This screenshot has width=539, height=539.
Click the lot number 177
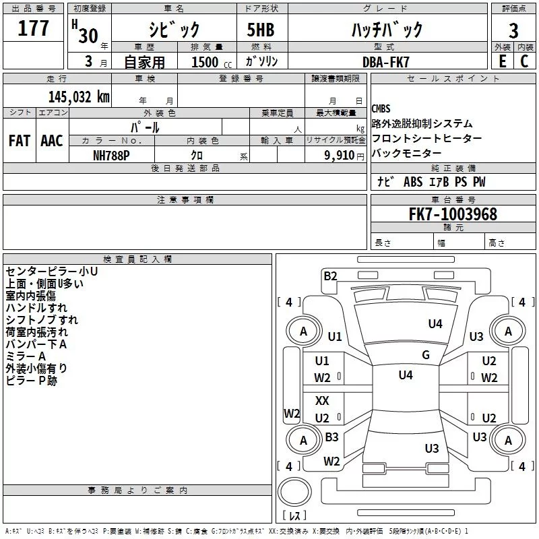coord(34,29)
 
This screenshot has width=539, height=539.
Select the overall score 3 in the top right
coord(513,30)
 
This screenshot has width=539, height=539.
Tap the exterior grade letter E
coord(501,61)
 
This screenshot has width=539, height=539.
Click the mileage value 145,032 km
coord(79,96)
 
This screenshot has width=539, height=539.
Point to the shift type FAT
coord(19,141)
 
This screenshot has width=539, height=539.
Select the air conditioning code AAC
coord(51,141)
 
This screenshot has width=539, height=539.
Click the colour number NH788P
coord(111,155)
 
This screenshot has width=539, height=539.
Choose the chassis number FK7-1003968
coord(453,214)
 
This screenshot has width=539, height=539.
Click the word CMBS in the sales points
coord(381,108)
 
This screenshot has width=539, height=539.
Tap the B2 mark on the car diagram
coord(330,275)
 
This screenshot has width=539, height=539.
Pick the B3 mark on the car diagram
coord(331,437)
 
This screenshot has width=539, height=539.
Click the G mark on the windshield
coord(425,355)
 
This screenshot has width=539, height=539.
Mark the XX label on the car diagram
coord(322,400)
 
